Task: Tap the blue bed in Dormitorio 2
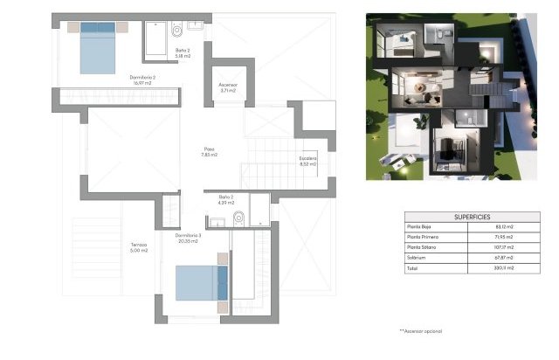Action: [x=98, y=48]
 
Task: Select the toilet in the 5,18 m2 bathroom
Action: [x=177, y=32]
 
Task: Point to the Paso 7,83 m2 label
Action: [x=209, y=151]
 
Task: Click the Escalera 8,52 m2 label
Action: [x=307, y=161]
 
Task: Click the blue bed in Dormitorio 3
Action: [x=201, y=282]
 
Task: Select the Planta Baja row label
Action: [x=420, y=226]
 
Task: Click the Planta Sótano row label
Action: [x=422, y=247]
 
